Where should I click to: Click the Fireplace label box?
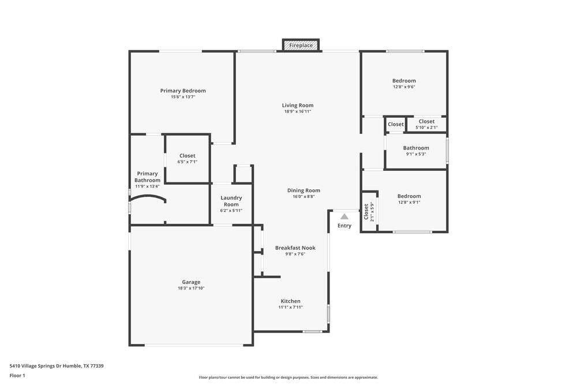[301, 45]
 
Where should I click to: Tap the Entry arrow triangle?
[344, 216]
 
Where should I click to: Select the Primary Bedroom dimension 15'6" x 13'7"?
[183, 97]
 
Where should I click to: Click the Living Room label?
[298, 105]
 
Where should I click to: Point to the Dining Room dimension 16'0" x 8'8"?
[304, 197]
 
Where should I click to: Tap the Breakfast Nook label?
[295, 248]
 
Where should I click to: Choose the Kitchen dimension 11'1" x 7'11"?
[291, 307]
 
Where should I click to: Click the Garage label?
[191, 282]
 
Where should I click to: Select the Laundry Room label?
[231, 201]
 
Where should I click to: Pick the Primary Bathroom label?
[147, 177]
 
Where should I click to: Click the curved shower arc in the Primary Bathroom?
[147, 197]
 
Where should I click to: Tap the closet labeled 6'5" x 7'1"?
[188, 158]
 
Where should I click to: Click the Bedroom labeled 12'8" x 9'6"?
[404, 84]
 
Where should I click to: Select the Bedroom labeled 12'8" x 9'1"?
[409, 199]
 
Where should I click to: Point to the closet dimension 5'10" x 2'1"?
[426, 128]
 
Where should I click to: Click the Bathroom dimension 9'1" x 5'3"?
[416, 154]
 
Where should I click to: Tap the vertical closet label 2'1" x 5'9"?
[369, 212]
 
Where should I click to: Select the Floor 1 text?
[17, 375]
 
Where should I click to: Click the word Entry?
[344, 226]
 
